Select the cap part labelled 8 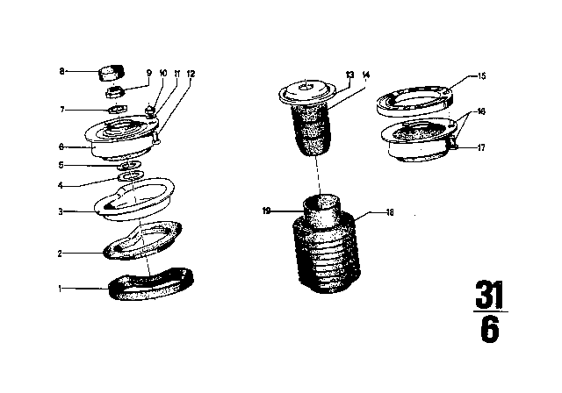coord(112,70)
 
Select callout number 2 coord(60,254)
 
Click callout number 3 coord(60,211)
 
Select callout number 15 coord(481,76)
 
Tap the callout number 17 coord(481,147)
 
